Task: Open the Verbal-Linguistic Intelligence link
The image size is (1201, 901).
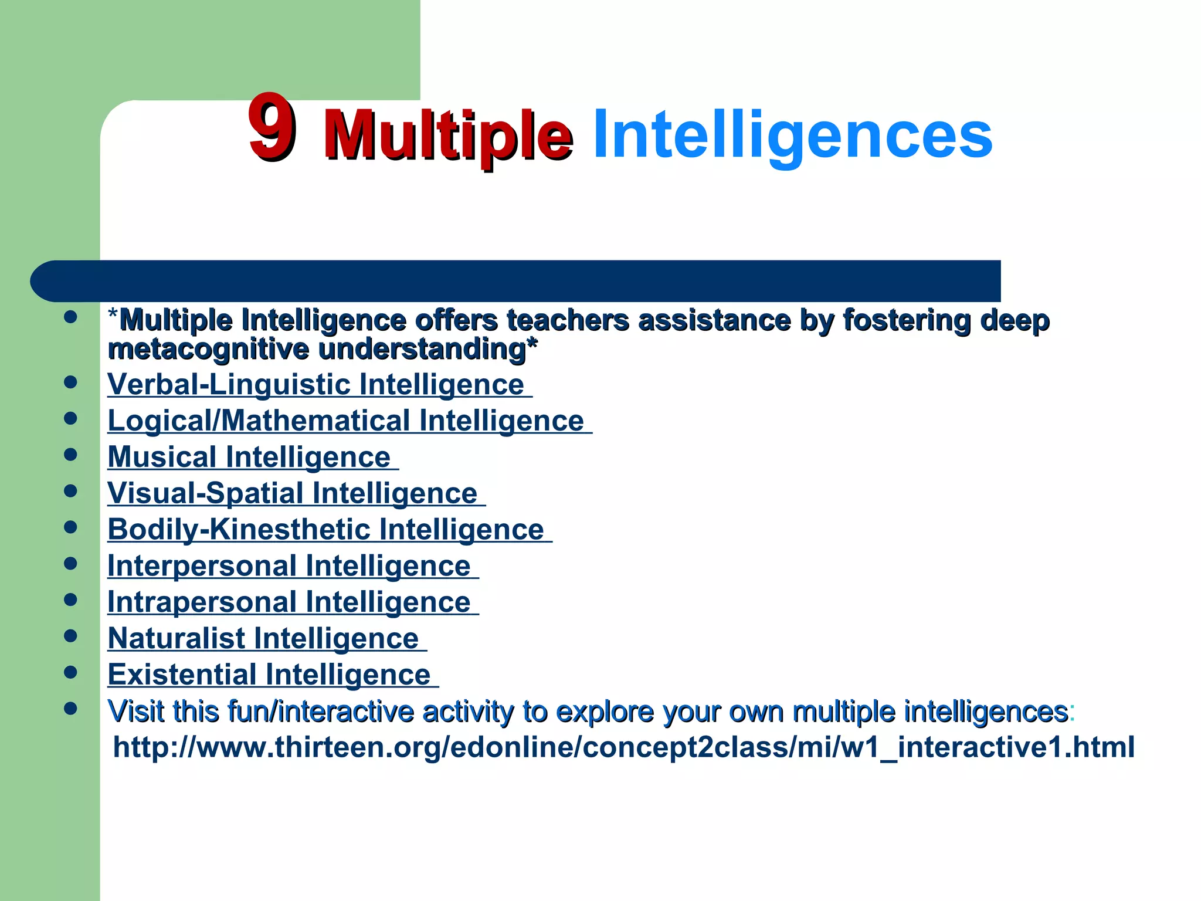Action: tap(316, 385)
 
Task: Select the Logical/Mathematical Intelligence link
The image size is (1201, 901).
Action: tap(346, 421)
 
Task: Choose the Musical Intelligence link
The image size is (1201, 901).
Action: tap(249, 458)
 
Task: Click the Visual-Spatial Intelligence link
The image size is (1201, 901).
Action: tap(293, 493)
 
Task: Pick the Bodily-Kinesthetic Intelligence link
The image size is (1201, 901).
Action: tap(326, 530)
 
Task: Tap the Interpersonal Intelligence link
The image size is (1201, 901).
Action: tap(289, 566)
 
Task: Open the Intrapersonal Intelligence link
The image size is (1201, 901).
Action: tap(289, 602)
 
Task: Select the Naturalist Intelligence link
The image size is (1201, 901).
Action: tap(263, 639)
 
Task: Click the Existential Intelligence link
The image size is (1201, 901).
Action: tap(269, 675)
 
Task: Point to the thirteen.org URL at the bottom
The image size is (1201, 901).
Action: tap(623, 747)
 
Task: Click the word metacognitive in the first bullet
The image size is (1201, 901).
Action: tap(208, 350)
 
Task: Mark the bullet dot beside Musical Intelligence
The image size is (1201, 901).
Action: tap(71, 455)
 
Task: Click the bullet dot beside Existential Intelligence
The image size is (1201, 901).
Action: tap(71, 672)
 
